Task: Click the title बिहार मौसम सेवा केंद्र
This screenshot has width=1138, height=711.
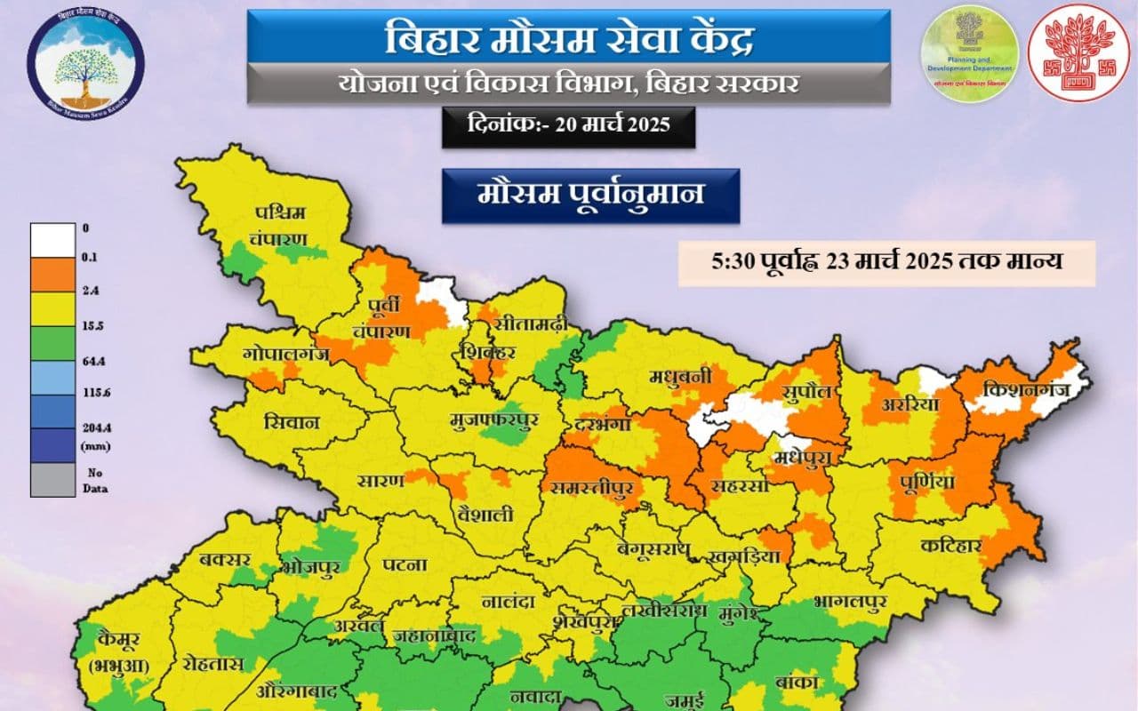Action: [569, 40]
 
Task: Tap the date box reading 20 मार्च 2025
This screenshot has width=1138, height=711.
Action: [568, 125]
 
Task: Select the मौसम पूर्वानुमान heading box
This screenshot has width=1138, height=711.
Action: [590, 195]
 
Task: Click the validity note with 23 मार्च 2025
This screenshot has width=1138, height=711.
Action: [886, 262]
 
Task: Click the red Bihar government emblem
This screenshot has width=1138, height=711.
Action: [1078, 53]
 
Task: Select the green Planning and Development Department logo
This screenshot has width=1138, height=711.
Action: [969, 53]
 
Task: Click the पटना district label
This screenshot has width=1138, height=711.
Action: [405, 565]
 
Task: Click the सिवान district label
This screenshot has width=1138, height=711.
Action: [292, 423]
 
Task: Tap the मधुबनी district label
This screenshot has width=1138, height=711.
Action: [680, 377]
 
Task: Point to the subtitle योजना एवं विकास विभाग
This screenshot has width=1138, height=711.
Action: [569, 84]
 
